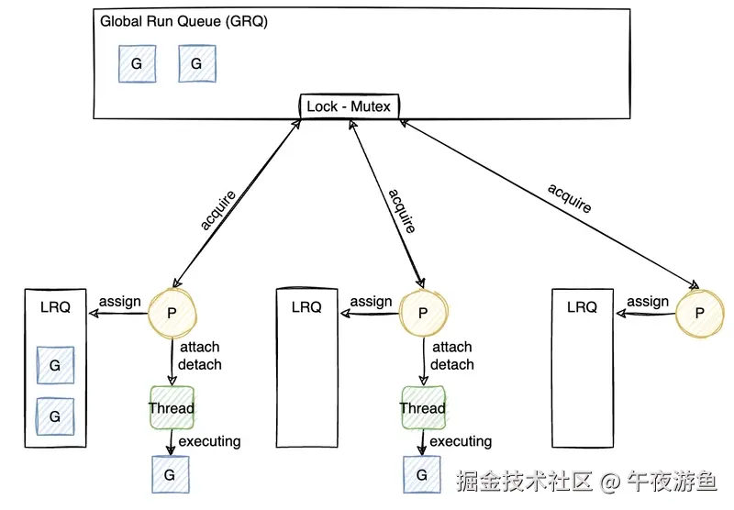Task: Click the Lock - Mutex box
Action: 349,106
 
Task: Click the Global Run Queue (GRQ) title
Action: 183,22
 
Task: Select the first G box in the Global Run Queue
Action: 137,63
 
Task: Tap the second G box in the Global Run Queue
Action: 196,63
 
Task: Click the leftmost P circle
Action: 172,313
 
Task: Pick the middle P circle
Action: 423,313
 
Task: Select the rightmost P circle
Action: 699,313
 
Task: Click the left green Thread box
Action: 172,408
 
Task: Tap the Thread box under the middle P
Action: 423,408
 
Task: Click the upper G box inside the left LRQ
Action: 55,365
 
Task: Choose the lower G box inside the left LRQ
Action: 55,416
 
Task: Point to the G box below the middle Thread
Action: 422,474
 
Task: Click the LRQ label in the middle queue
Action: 306,307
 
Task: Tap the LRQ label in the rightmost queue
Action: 582,307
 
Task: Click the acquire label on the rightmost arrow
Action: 570,198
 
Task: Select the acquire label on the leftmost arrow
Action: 217,210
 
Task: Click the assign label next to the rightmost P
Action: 648,302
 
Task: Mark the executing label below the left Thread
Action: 209,441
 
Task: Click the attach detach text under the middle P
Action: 452,356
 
